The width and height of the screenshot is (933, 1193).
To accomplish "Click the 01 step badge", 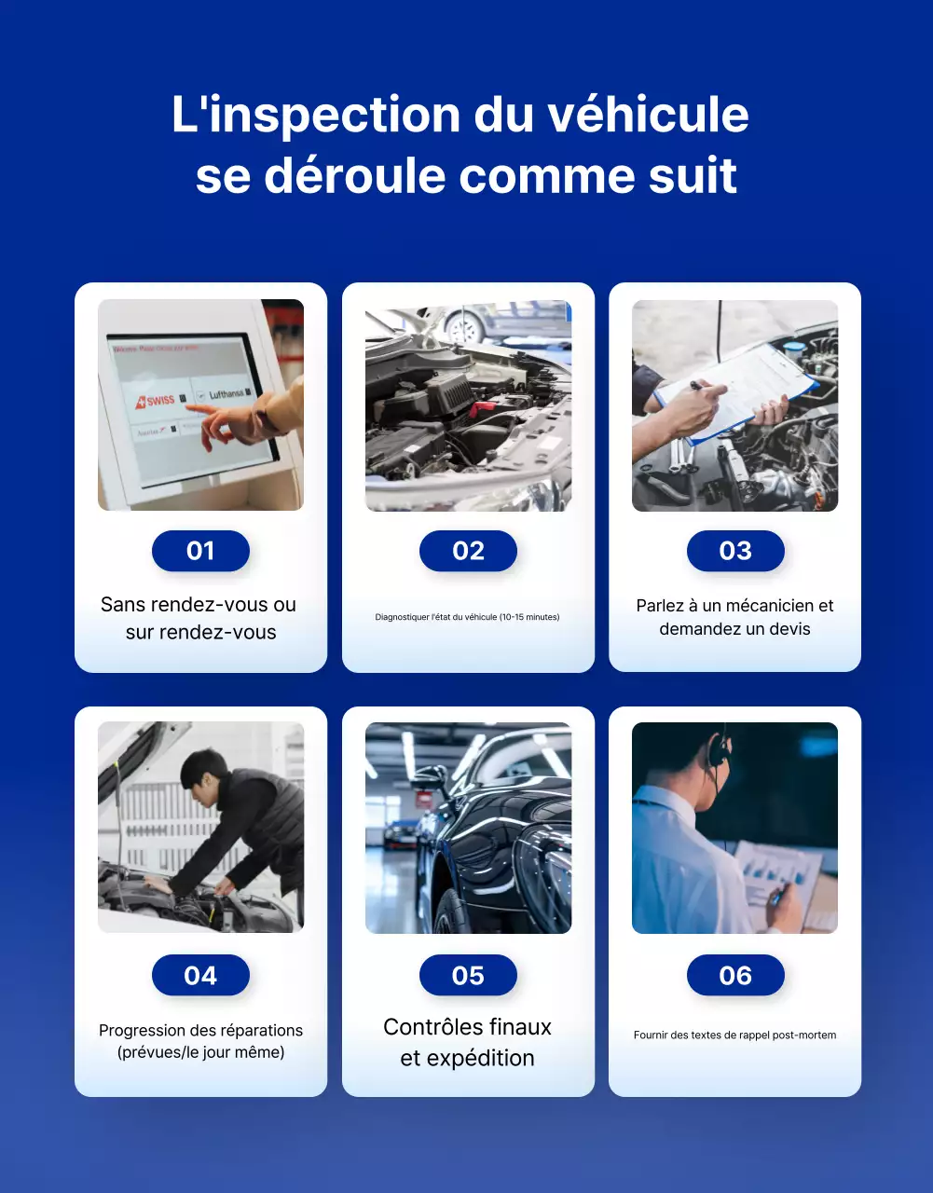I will (x=200, y=551).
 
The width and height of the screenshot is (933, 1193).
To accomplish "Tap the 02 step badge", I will (x=468, y=551).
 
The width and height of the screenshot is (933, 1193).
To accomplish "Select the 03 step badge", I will (x=734, y=551).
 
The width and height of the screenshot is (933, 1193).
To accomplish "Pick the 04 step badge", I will (x=200, y=975).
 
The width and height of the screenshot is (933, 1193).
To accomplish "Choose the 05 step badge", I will (x=468, y=975).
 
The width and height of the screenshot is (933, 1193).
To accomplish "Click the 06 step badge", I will (x=734, y=975).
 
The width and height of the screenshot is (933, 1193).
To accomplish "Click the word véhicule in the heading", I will (x=647, y=115).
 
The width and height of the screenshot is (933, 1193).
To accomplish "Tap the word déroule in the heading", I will (x=354, y=175).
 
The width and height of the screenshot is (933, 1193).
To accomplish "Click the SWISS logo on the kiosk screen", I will (x=158, y=401).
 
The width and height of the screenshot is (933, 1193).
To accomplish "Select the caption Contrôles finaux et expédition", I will (x=467, y=1042).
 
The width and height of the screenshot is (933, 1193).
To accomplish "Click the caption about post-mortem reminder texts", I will (x=734, y=1035).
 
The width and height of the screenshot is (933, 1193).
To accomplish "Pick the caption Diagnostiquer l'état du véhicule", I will (x=467, y=617).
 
